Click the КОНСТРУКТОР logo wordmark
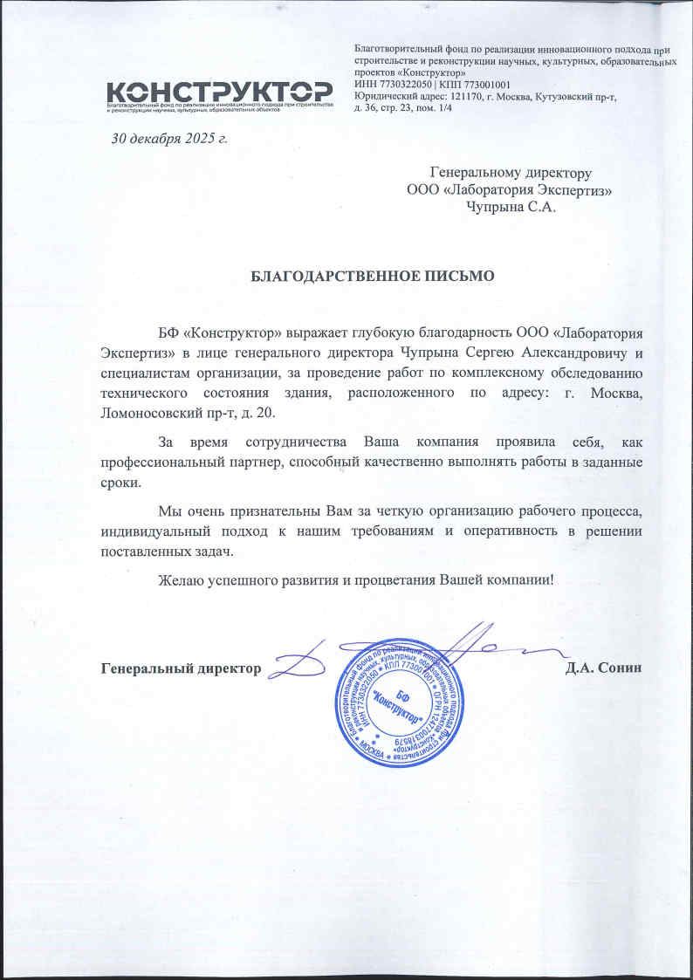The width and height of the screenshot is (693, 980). pyautogui.click(x=218, y=91)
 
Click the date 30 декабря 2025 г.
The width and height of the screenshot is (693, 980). pyautogui.click(x=168, y=138)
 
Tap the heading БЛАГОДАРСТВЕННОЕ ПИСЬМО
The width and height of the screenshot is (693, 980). pyautogui.click(x=373, y=277)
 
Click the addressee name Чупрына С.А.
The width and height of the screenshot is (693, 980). pyautogui.click(x=511, y=207)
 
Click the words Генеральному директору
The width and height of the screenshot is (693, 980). pyautogui.click(x=511, y=173)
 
